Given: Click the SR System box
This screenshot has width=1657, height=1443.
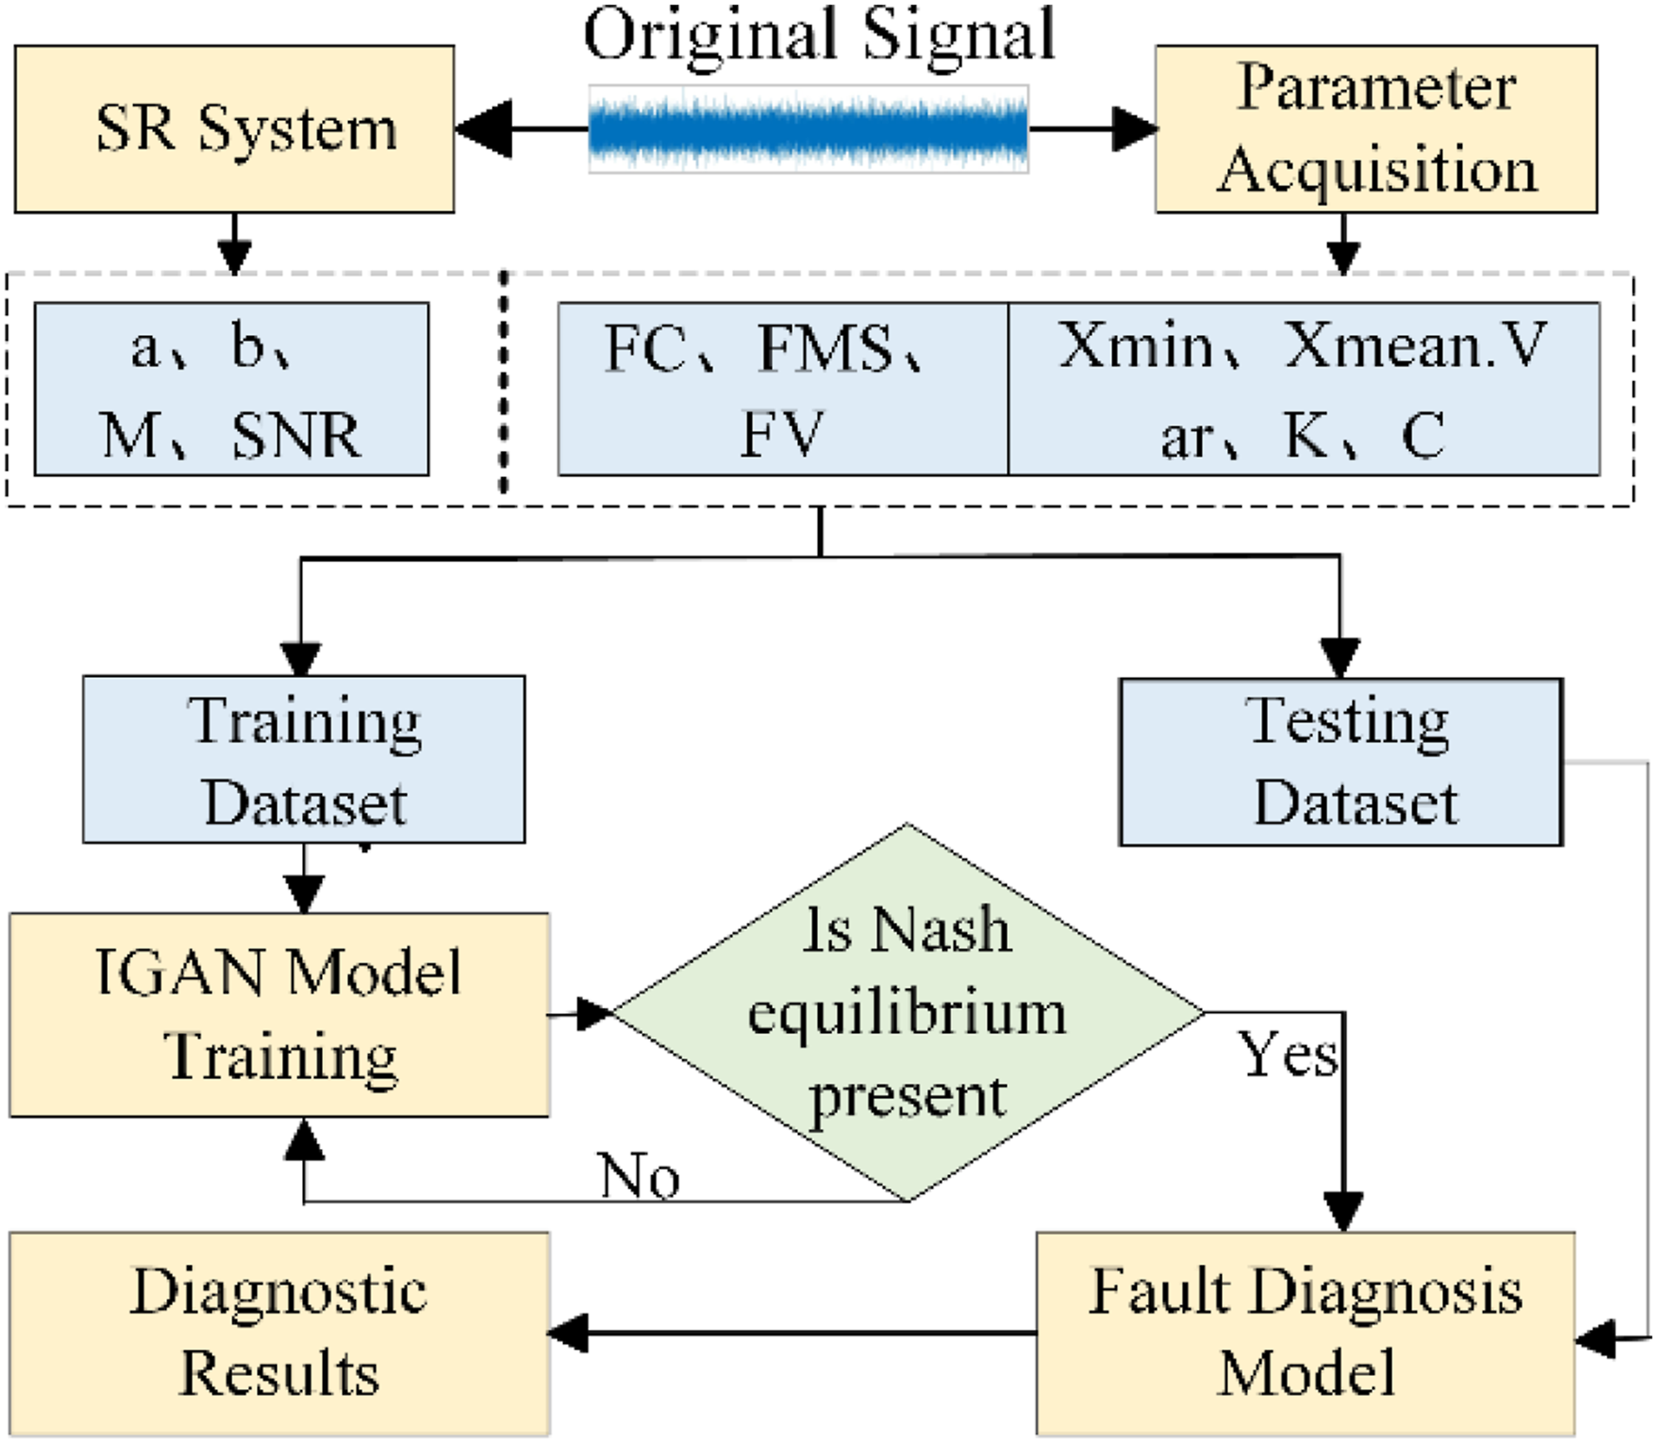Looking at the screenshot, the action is tap(234, 129).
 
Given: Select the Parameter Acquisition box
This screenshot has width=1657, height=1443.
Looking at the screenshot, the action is tap(1376, 129).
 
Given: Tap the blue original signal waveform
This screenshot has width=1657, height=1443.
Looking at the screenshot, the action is tap(808, 130).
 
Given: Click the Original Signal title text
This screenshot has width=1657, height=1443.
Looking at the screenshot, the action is tap(819, 35).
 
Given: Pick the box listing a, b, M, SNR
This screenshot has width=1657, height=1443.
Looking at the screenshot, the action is tap(231, 389).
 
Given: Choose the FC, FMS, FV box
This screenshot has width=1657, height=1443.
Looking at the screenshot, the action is tap(782, 389).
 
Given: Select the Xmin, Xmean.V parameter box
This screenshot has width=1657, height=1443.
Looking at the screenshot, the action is tap(1304, 389).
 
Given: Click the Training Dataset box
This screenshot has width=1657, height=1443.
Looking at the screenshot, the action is tap(304, 759).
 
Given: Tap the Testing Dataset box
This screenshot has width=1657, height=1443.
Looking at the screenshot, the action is tap(1341, 762).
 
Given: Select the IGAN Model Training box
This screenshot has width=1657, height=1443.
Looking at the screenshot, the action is tap(279, 1015).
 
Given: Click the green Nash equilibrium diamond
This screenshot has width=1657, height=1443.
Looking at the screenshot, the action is tap(909, 1012).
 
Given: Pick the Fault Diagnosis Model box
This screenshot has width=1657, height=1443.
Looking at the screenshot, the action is tap(1305, 1332).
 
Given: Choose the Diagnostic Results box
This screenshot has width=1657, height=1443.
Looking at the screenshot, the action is tap(279, 1332).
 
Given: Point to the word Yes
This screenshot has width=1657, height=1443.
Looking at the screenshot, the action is tap(1288, 1055).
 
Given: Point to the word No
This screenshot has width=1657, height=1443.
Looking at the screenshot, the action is tap(640, 1177).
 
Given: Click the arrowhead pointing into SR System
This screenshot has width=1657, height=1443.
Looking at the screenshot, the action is tap(484, 130).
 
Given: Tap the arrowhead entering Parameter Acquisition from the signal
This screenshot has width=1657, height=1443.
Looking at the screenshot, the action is tap(1135, 130).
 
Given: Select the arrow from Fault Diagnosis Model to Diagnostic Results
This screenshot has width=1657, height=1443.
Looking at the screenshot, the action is tap(792, 1332).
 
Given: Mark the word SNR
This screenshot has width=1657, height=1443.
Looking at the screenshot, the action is tap(296, 435).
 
